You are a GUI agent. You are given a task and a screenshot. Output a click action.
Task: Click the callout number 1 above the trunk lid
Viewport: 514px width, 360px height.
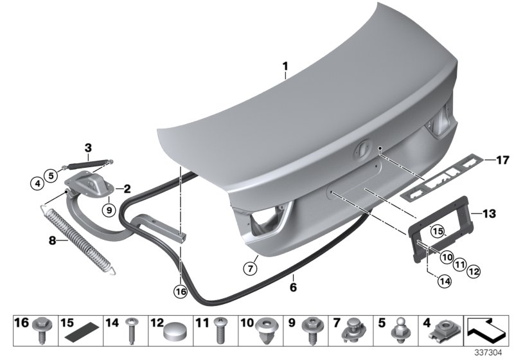click(x=286, y=66)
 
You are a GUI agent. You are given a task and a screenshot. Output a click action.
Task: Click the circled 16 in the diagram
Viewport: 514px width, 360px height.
click(x=181, y=291)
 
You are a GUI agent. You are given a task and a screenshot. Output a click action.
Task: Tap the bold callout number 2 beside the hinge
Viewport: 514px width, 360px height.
click(x=127, y=189)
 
